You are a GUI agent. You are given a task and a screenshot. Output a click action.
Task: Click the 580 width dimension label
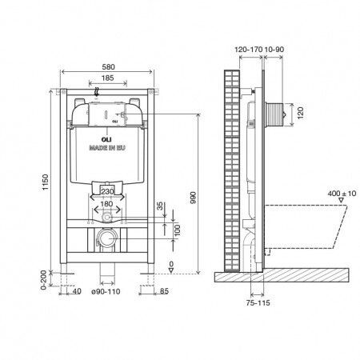click(108, 66)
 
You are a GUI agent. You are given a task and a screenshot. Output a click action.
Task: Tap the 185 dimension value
click(108, 78)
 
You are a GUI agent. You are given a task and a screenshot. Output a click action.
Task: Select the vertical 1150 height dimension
click(46, 182)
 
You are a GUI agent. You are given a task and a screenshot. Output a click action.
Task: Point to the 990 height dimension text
click(193, 198)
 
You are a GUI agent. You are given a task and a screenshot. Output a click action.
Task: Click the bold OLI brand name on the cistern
click(107, 140)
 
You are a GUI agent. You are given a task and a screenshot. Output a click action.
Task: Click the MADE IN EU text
click(107, 147)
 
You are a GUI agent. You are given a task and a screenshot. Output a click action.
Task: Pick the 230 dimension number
click(108, 191)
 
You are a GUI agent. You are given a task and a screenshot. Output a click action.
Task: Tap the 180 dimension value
click(106, 204)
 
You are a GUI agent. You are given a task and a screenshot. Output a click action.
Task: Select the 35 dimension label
click(159, 206)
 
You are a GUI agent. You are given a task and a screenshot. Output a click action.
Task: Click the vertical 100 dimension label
click(177, 230)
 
